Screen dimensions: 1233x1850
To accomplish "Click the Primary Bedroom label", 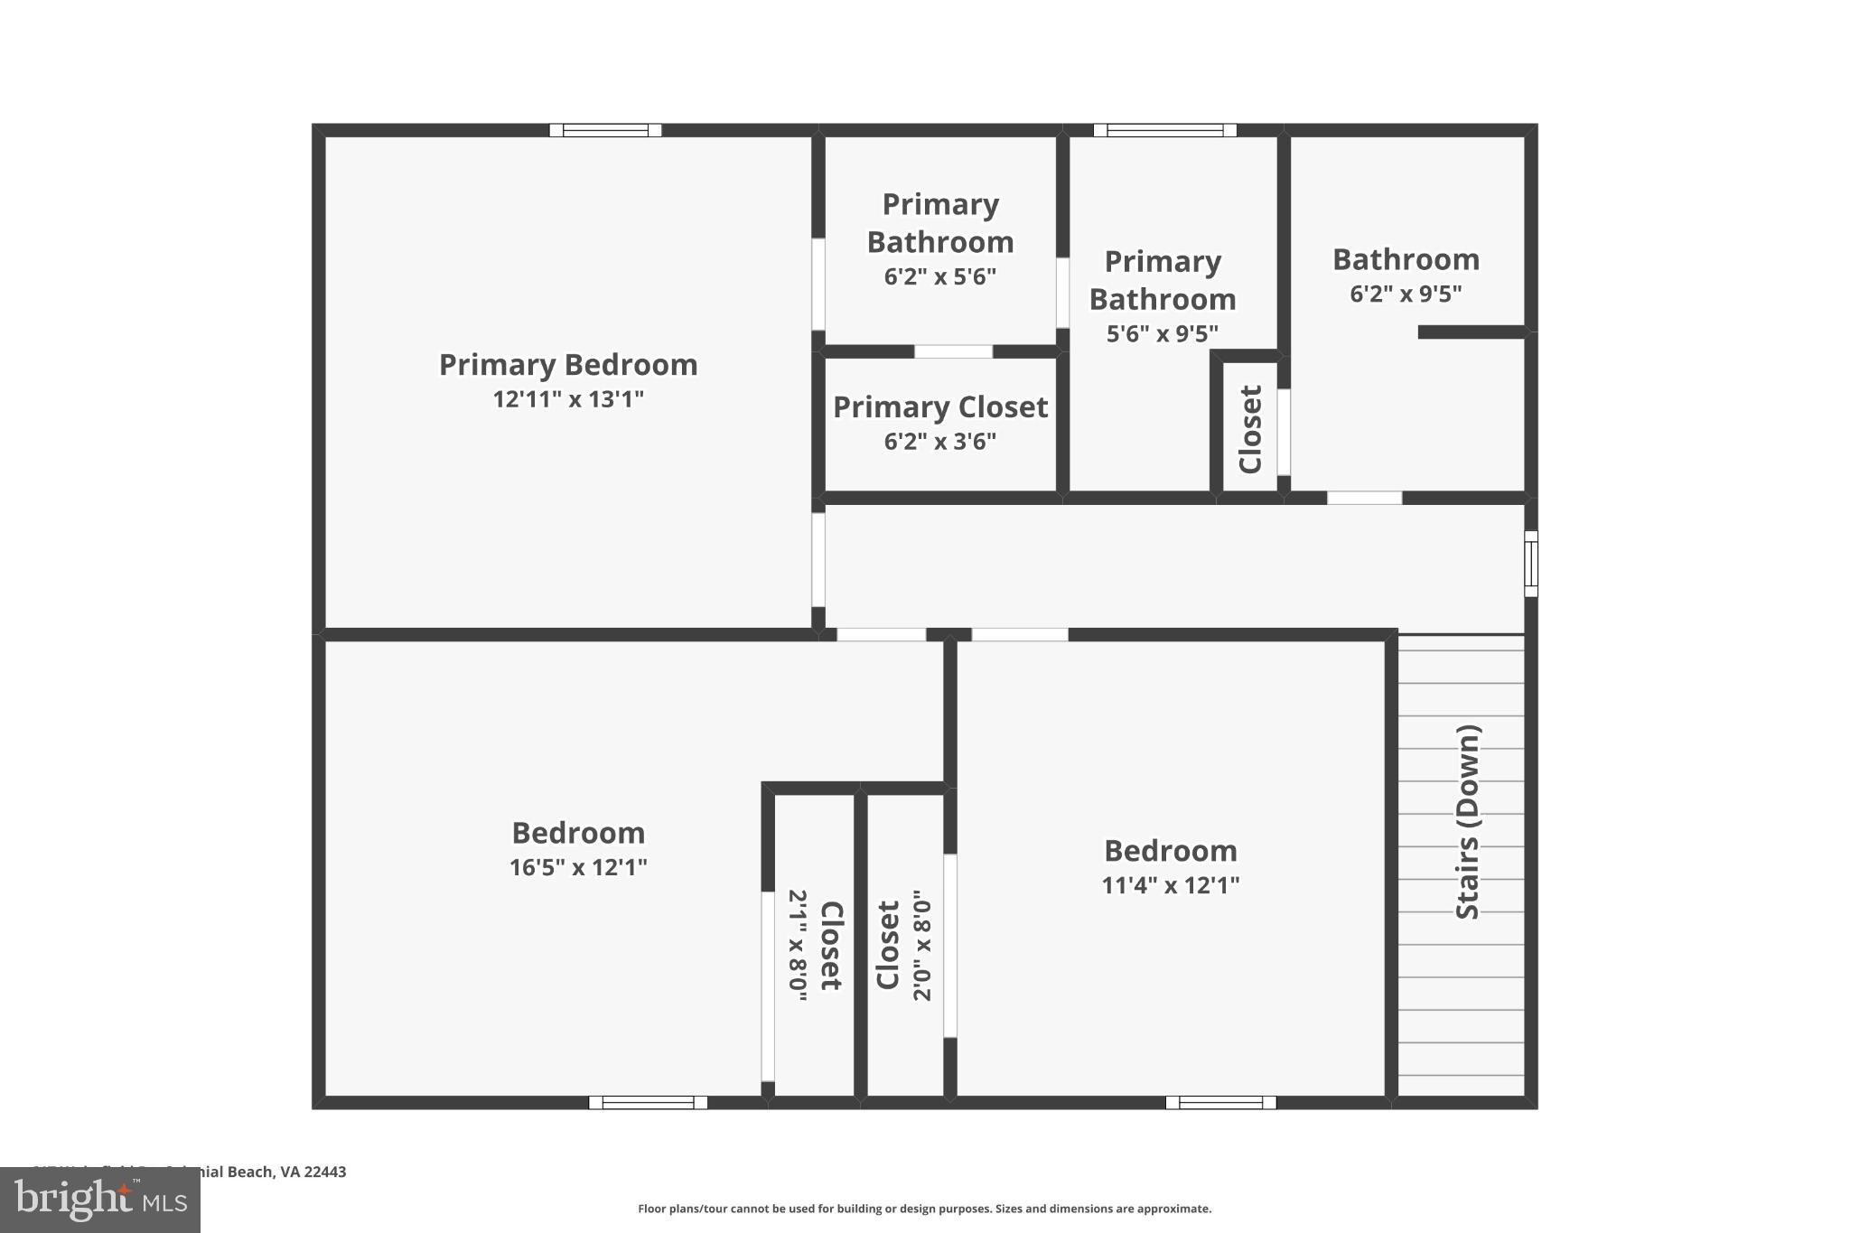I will (x=568, y=365).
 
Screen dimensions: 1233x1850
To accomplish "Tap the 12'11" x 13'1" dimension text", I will (x=568, y=399).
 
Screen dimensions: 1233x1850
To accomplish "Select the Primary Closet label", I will (x=940, y=407).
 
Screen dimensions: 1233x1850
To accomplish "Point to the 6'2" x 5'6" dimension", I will (x=940, y=276).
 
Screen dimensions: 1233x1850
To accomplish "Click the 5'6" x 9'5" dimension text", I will (x=1163, y=334).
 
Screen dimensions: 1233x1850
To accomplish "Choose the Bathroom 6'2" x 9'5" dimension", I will (x=1406, y=294).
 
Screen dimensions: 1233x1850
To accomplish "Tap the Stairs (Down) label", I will (x=1468, y=822).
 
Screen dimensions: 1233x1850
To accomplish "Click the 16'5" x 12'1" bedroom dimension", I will (x=578, y=867).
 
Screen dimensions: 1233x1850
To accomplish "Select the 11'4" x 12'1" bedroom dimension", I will (x=1171, y=885).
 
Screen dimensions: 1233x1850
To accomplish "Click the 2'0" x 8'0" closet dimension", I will (x=921, y=946).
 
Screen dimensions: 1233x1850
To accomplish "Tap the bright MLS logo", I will (x=100, y=1200).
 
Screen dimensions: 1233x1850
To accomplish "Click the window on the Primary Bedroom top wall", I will (x=605, y=130).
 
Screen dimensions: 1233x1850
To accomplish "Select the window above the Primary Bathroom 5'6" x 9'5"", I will (x=1164, y=130).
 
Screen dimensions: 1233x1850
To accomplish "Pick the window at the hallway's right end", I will (x=1531, y=564).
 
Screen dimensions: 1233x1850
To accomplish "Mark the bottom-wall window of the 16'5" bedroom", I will (x=648, y=1102).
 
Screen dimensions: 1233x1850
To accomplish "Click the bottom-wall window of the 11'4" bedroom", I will (x=1220, y=1102).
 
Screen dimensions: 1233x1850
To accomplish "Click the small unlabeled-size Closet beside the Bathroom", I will (x=1249, y=429).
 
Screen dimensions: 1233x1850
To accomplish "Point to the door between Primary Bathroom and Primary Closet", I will (x=953, y=351).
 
